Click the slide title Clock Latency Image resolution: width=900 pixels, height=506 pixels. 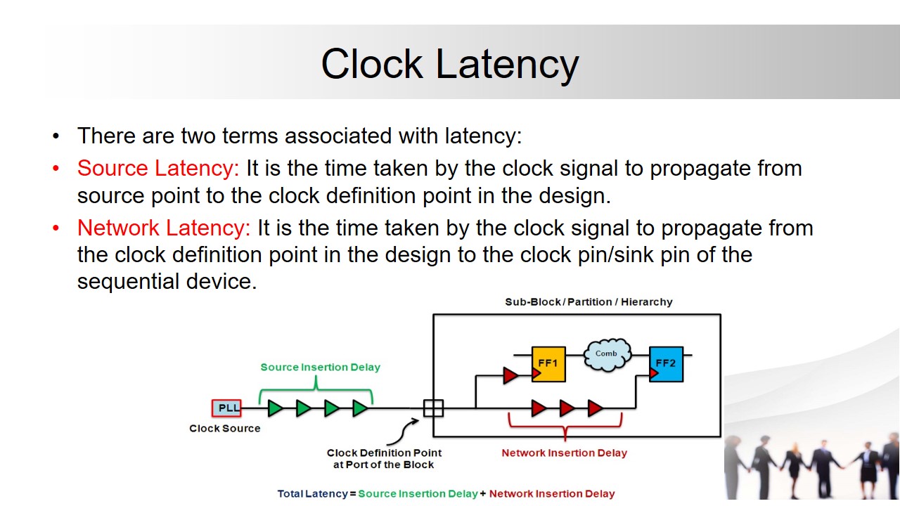[449, 64]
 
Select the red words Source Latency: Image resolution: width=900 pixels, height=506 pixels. [158, 169]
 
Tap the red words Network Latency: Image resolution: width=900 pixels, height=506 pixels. [164, 228]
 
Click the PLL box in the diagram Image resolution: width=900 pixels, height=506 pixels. [226, 408]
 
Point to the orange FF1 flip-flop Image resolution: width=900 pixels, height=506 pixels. [548, 364]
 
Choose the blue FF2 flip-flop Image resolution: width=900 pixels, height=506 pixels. [666, 364]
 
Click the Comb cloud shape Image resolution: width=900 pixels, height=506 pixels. [607, 353]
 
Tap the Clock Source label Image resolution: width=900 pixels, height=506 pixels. [224, 429]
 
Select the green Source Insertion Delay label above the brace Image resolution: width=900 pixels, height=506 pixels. [320, 367]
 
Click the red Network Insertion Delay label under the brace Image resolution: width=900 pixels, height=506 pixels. [564, 453]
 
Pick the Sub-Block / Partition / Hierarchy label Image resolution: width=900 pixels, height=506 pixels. [589, 302]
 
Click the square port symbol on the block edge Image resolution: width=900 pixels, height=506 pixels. [433, 408]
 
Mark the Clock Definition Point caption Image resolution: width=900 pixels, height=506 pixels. [384, 459]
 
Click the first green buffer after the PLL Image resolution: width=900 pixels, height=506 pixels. [276, 408]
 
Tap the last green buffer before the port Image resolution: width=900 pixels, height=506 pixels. [360, 408]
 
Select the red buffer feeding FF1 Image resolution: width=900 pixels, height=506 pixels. [511, 375]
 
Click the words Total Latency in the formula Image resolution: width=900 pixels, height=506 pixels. [312, 494]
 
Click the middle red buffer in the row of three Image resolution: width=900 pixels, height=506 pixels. [567, 408]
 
